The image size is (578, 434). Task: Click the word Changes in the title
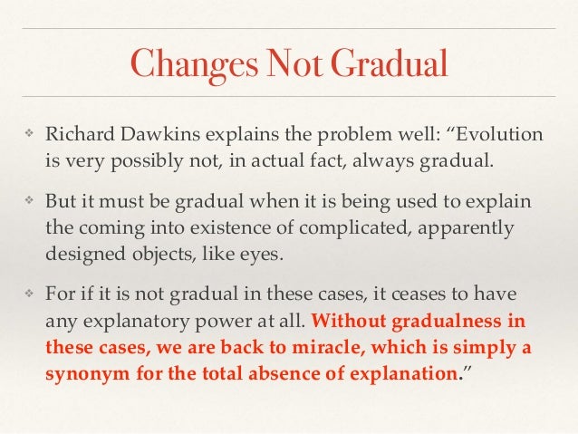coord(181,63)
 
